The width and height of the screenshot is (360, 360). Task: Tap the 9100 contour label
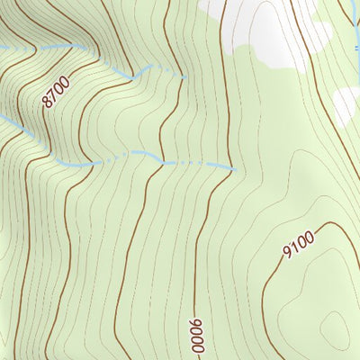[x=297, y=243]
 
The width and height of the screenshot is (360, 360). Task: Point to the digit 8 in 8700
[x=47, y=103]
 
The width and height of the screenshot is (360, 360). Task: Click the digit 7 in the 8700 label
[x=53, y=96]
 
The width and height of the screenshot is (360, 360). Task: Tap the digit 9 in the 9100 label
[x=286, y=251]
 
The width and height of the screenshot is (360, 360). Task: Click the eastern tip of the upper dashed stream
[x=184, y=77]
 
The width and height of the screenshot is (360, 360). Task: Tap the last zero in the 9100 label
[x=308, y=236]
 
